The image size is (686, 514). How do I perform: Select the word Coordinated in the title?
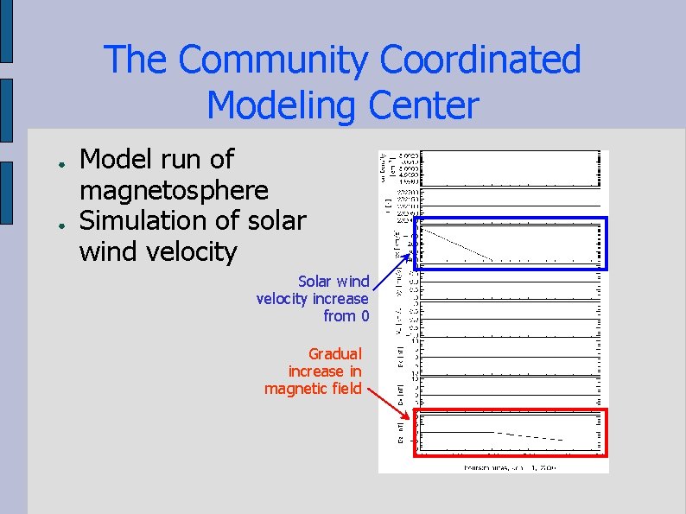480,60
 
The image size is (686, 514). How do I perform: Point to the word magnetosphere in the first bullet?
174,189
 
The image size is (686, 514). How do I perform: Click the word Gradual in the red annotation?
335,353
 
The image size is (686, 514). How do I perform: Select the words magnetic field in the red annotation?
312,389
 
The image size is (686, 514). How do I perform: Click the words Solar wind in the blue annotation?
333,282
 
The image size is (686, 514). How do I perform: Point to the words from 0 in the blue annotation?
346,316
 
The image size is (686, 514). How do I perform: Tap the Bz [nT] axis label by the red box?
401,433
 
